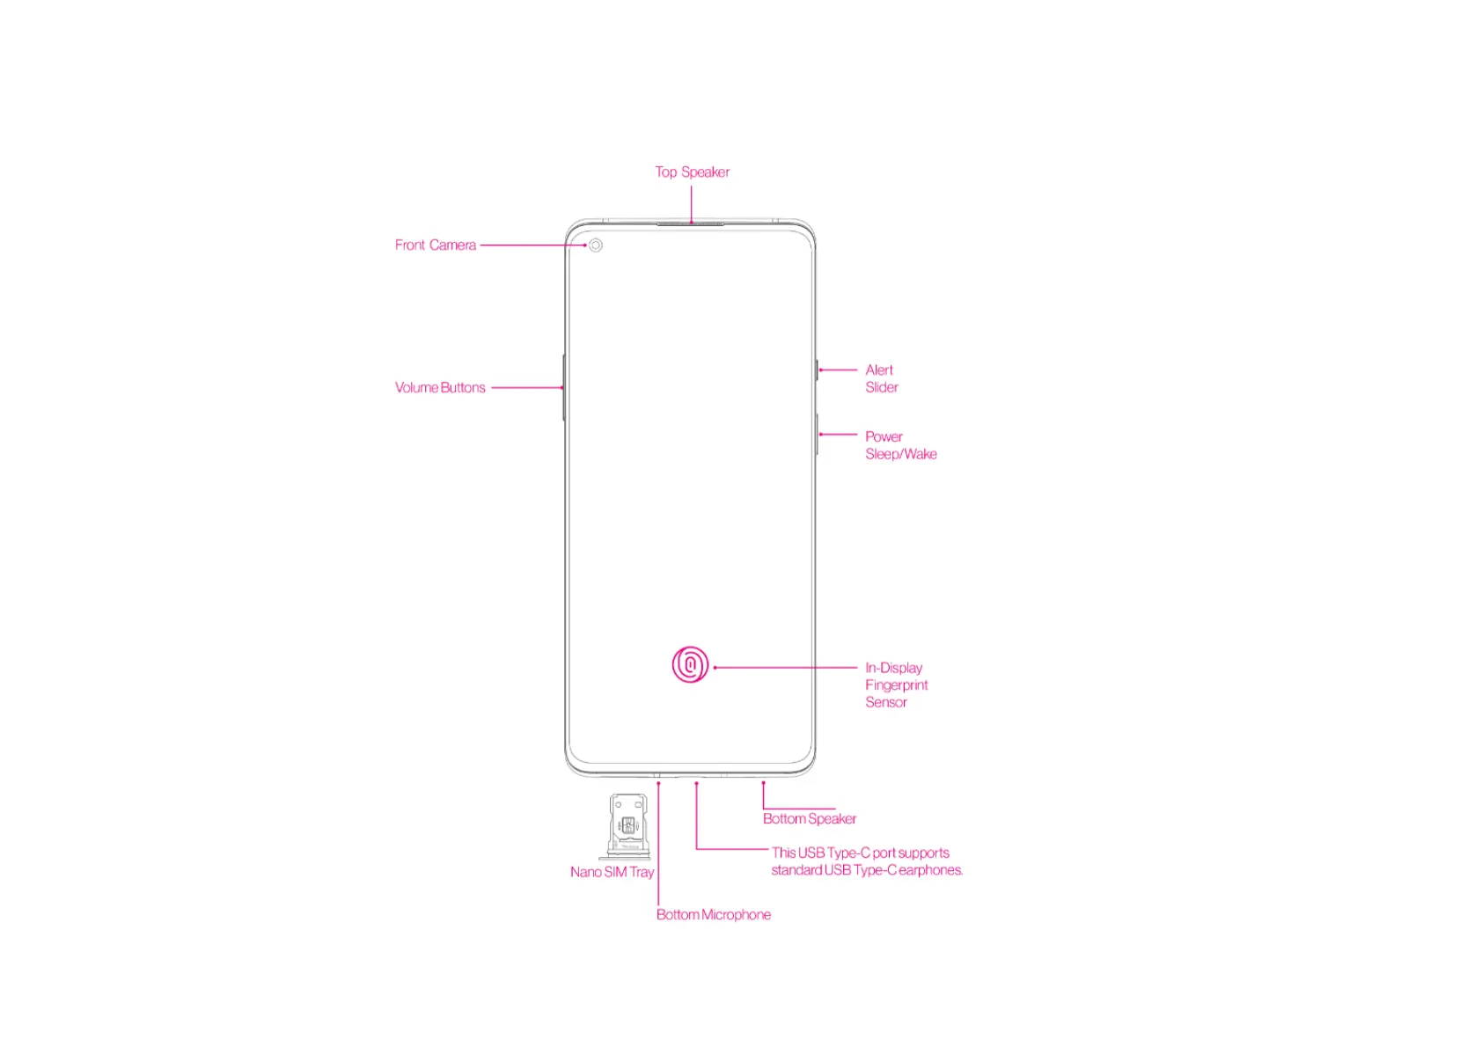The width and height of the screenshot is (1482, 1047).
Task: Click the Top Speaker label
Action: (692, 172)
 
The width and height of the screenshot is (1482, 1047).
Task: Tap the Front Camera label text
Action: (435, 245)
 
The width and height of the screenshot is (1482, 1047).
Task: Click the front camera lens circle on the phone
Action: (596, 245)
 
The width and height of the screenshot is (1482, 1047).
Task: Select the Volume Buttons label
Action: (440, 388)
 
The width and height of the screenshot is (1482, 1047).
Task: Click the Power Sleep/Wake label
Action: (899, 445)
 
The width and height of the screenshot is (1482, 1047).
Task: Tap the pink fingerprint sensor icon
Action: (690, 665)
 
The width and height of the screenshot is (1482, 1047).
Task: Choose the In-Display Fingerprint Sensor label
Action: (895, 685)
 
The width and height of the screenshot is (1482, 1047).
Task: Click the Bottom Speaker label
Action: (809, 819)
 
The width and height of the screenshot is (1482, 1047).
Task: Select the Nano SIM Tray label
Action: (612, 872)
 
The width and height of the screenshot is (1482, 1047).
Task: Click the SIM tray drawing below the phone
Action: (627, 825)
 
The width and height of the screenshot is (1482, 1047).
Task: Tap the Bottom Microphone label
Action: (713, 915)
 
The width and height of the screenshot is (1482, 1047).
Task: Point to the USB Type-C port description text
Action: (866, 861)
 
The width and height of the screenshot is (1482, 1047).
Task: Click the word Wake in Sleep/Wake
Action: (921, 454)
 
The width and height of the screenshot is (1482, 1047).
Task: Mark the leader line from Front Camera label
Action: (532, 245)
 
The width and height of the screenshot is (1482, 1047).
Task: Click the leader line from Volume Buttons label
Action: (526, 387)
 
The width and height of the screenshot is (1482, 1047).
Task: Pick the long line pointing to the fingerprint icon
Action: (785, 668)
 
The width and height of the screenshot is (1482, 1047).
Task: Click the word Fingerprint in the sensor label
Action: (896, 685)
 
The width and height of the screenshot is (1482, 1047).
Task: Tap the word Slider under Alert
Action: (881, 387)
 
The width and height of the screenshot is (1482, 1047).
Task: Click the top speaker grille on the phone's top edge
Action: (690, 223)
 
